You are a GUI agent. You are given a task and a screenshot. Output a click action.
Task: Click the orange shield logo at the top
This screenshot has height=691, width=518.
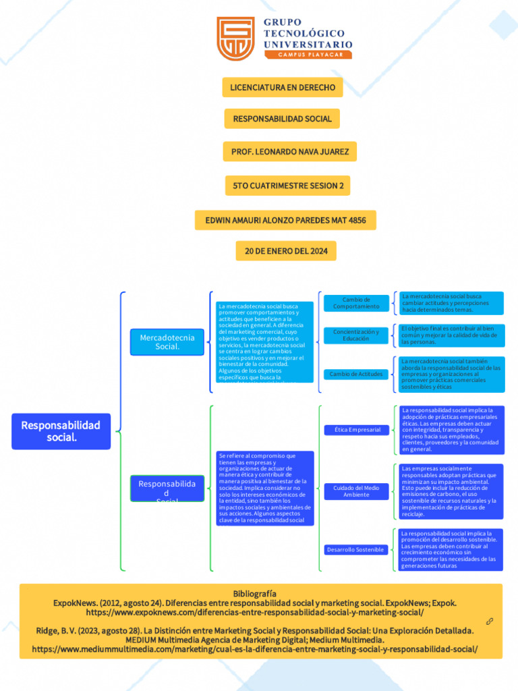tap(235, 38)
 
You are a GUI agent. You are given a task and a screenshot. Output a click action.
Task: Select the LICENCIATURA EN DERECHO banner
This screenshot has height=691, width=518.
tap(283, 88)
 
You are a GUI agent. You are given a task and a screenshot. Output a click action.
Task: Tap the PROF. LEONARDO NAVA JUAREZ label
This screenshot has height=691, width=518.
tap(290, 152)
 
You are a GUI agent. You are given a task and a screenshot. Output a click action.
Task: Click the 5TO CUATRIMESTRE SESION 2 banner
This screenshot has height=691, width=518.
tap(288, 186)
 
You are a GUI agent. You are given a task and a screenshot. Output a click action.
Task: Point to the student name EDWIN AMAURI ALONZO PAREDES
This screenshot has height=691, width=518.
tap(285, 220)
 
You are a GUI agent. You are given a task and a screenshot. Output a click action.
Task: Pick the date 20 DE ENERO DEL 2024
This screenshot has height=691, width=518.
tap(286, 251)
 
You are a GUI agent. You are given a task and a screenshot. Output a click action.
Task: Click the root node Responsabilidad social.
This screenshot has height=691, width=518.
tap(61, 431)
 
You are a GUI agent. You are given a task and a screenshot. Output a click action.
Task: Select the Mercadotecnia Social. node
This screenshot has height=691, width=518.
tap(167, 342)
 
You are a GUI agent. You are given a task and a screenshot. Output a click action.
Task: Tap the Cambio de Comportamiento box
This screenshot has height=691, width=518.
tap(356, 303)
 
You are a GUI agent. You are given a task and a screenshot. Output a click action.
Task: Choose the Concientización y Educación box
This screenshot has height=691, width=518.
tap(356, 335)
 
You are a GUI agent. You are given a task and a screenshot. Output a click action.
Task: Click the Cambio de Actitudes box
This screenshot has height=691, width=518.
tap(356, 374)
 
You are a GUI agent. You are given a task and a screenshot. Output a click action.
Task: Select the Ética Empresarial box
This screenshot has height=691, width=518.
tap(357, 429)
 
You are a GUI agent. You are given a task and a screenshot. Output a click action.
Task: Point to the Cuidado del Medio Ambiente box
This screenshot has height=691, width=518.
tap(356, 491)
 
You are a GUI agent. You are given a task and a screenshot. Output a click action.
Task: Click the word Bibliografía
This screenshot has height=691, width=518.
tap(255, 593)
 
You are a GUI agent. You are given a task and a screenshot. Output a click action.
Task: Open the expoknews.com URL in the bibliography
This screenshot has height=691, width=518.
tap(255, 612)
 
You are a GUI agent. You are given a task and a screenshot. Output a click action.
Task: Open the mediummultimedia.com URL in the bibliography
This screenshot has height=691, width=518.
tap(255, 648)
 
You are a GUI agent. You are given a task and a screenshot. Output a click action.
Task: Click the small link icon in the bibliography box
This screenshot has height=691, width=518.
tap(490, 621)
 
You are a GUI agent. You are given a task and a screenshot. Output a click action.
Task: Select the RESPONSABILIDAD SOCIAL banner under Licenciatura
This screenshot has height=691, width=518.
tap(283, 119)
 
